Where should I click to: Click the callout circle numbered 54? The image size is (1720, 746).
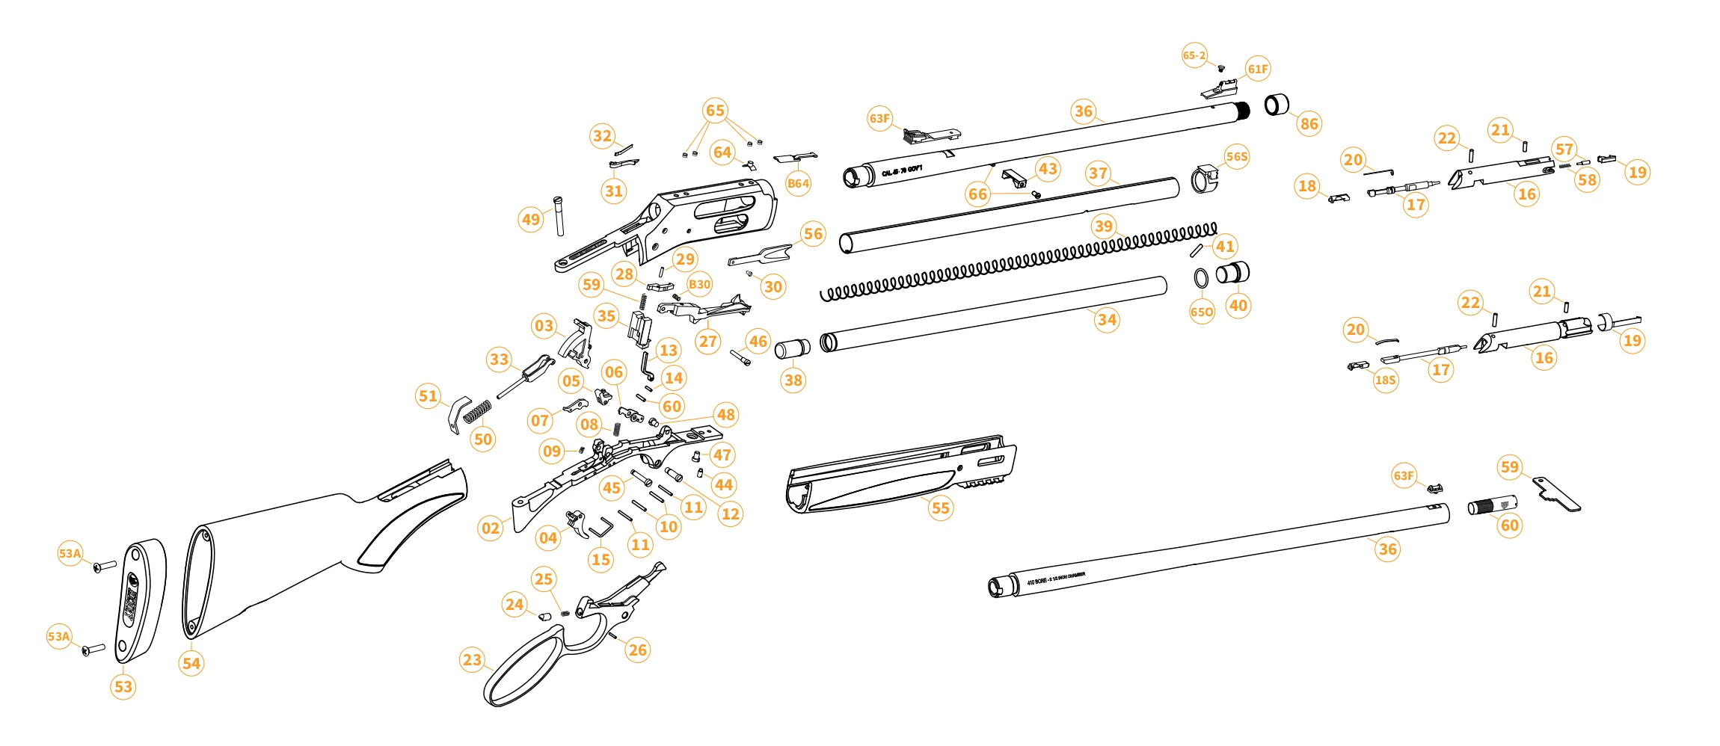pyautogui.click(x=191, y=663)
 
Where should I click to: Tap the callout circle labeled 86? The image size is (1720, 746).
pyautogui.click(x=1309, y=123)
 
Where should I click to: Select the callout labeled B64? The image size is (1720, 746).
pyautogui.click(x=798, y=184)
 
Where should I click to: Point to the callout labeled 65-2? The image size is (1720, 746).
pyautogui.click(x=1194, y=55)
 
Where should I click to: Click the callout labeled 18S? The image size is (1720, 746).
pyautogui.click(x=1385, y=380)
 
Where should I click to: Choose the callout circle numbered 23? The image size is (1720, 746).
pyautogui.click(x=472, y=660)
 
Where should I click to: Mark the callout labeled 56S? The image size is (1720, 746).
pyautogui.click(x=1237, y=156)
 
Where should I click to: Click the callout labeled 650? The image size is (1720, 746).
pyautogui.click(x=1202, y=312)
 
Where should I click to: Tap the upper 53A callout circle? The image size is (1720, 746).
pyautogui.click(x=70, y=553)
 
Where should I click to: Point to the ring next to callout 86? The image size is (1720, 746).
pyautogui.click(x=1277, y=105)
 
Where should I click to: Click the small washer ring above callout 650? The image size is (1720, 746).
pyautogui.click(x=1201, y=278)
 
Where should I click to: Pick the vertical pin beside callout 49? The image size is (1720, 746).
pyautogui.click(x=559, y=215)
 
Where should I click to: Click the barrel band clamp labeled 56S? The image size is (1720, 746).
pyautogui.click(x=1204, y=179)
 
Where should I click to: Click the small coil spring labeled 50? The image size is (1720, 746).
pyautogui.click(x=477, y=411)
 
